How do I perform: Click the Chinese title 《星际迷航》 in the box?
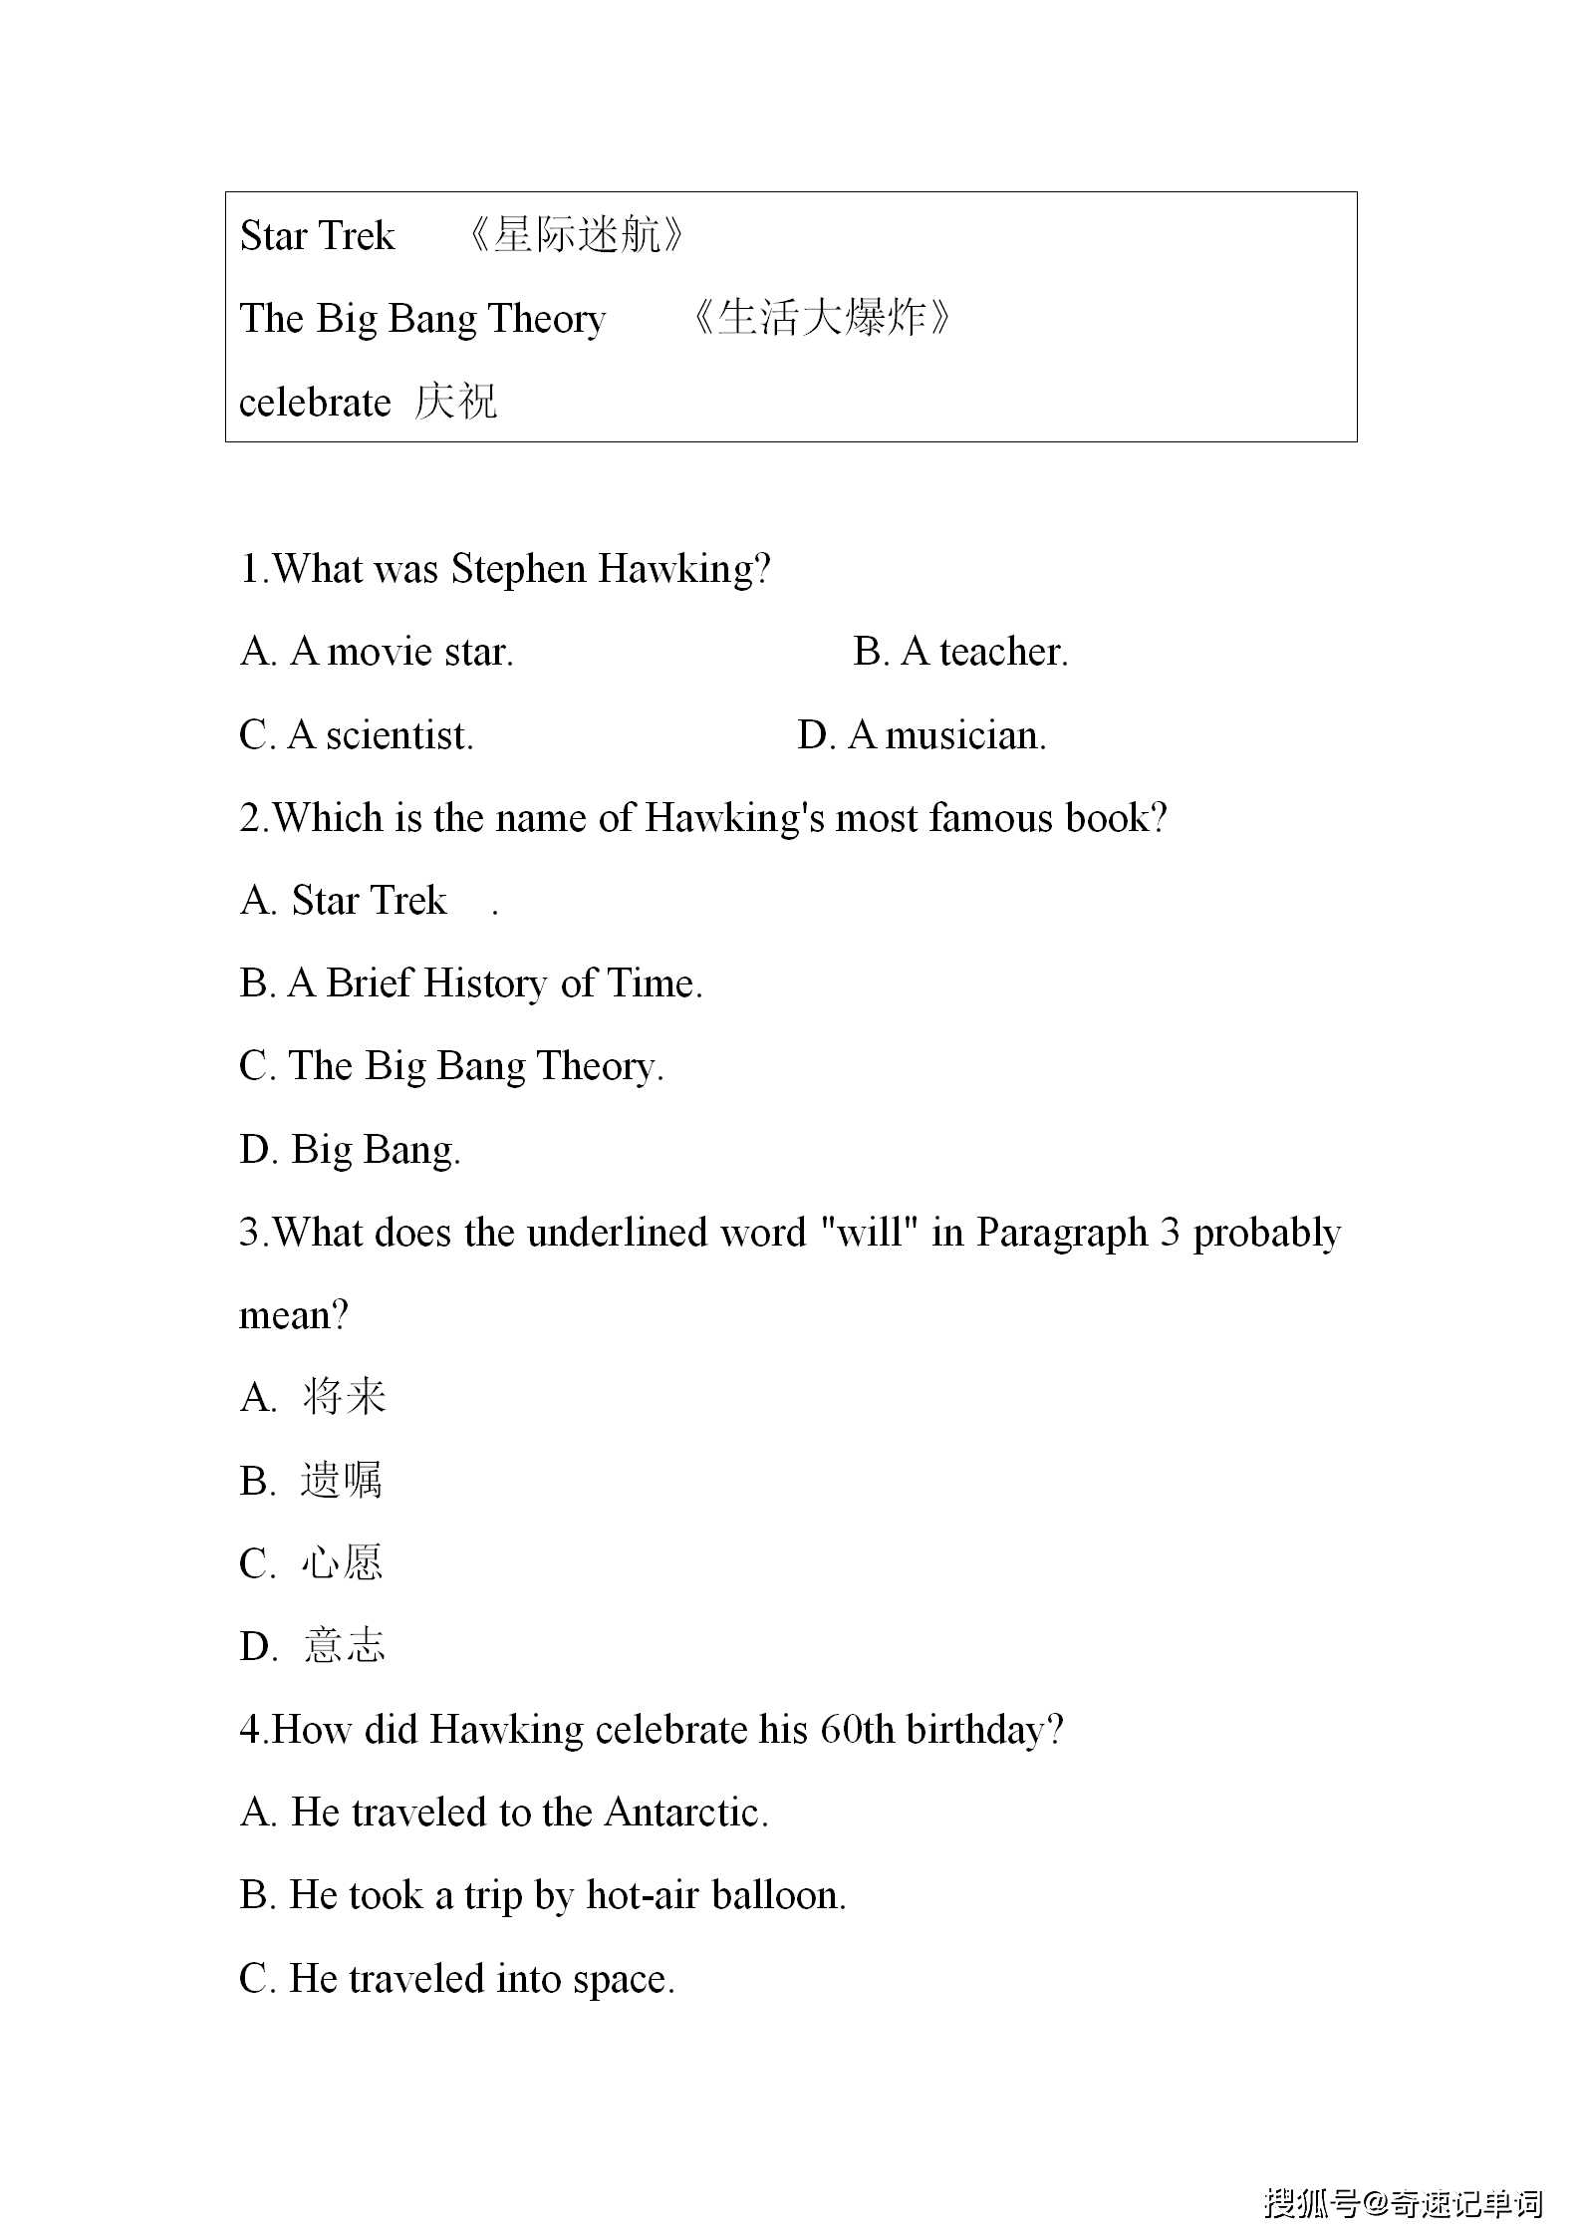click(576, 236)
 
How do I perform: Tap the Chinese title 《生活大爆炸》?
click(820, 319)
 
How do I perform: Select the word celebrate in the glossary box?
click(315, 403)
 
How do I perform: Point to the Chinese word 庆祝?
click(455, 403)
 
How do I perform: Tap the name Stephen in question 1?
click(518, 569)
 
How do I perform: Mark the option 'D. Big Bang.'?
click(350, 1150)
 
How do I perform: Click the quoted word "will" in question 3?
click(869, 1233)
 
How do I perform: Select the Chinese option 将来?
click(344, 1397)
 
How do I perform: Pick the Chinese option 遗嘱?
click(341, 1481)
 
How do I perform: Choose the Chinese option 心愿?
click(342, 1563)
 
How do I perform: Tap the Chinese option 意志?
click(344, 1646)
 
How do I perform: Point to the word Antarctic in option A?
click(685, 1813)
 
